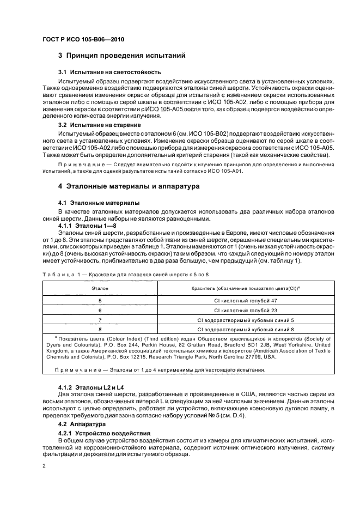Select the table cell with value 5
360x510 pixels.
pyautogui.click(x=100, y=300)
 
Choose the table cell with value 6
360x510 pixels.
pyautogui.click(x=100, y=310)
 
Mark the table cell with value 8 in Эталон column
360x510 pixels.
pyautogui.click(x=100, y=330)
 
